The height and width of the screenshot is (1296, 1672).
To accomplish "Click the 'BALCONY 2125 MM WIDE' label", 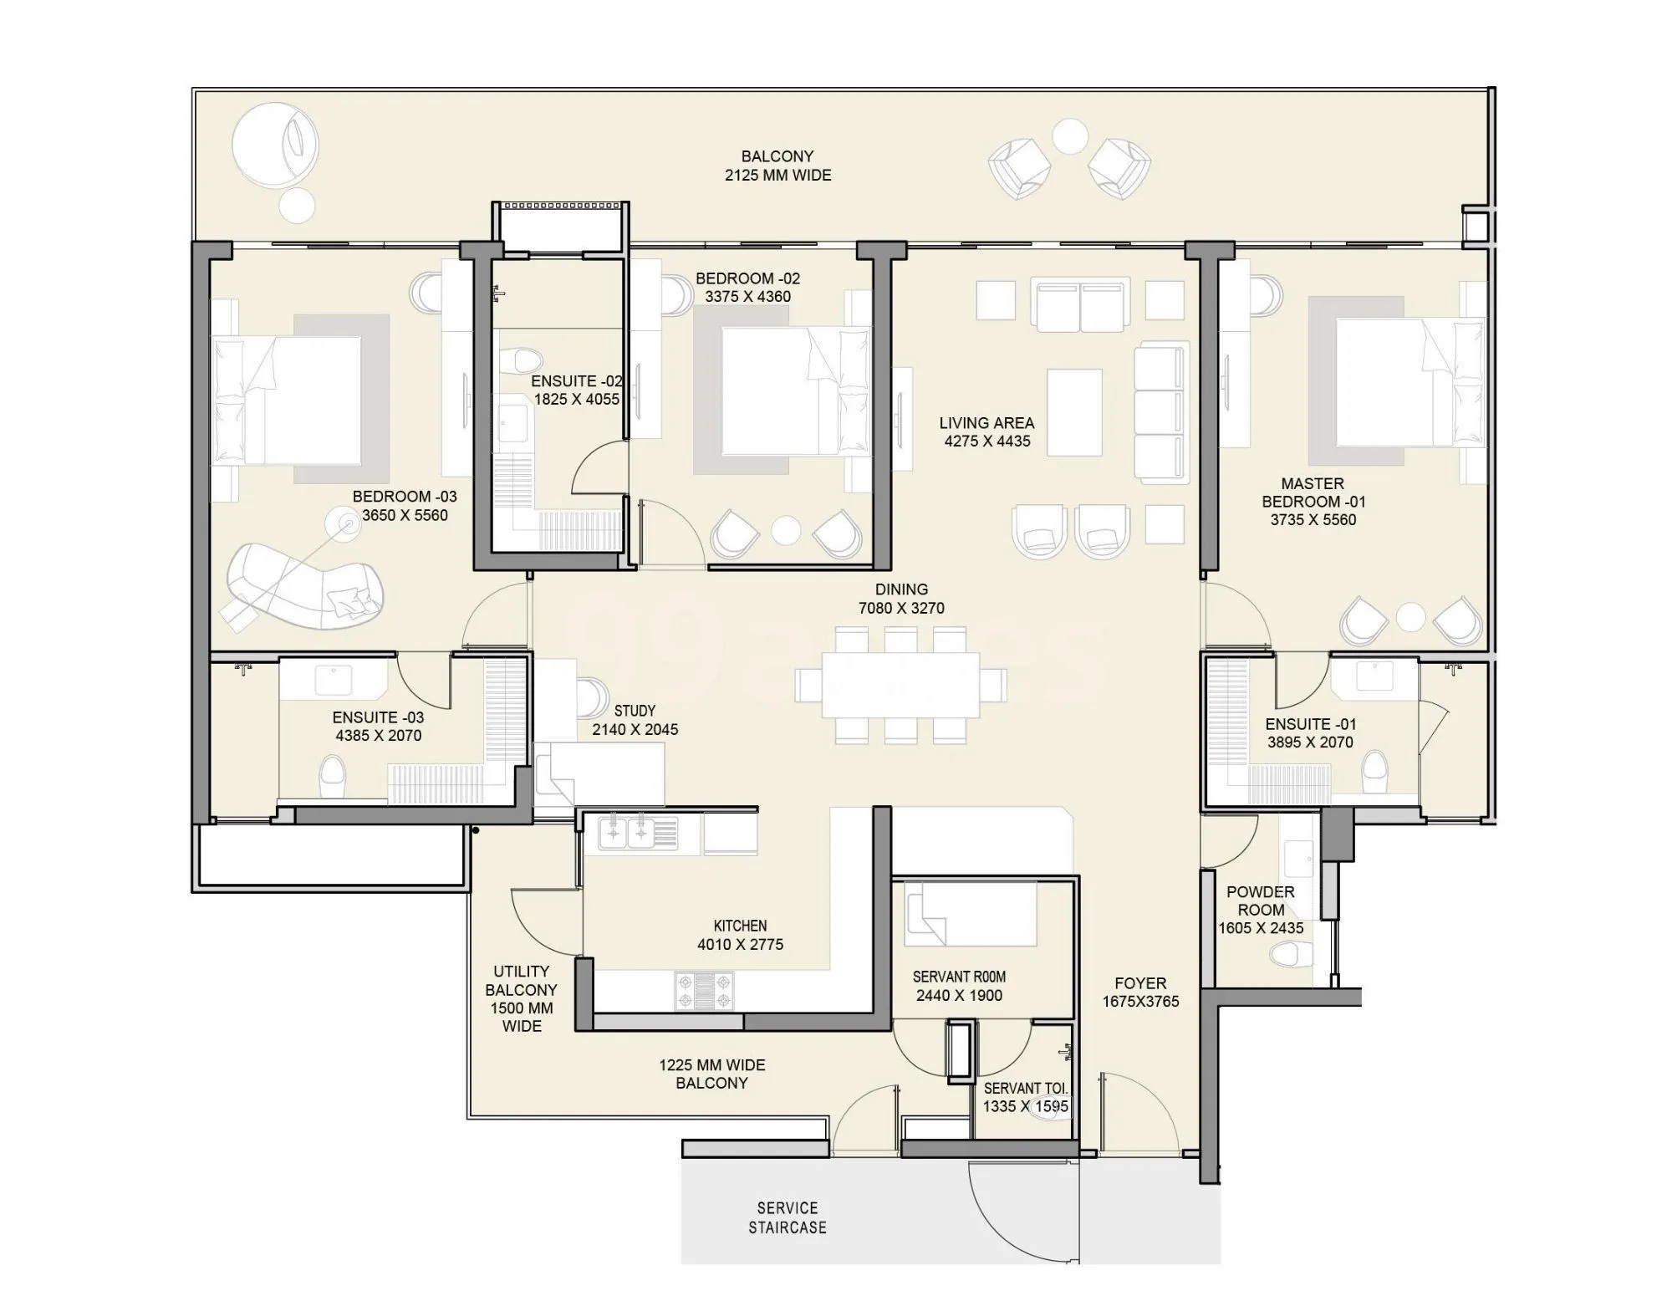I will [x=777, y=166].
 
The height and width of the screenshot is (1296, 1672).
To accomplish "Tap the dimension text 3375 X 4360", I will [x=747, y=297].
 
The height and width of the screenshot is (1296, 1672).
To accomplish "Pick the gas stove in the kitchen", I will [x=704, y=991].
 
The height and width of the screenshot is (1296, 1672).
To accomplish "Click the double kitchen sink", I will [x=627, y=833].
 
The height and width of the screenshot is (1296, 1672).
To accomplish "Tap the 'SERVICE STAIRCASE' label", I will [x=787, y=1217].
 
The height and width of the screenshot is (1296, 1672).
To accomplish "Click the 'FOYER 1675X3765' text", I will [x=1140, y=992].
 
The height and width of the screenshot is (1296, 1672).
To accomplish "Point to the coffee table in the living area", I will [x=1074, y=412].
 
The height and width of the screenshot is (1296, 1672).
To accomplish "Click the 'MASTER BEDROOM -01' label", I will [x=1313, y=492].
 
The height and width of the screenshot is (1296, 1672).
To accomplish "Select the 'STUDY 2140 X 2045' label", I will [x=635, y=720].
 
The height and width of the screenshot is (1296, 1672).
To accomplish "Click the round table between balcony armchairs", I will [x=1069, y=136].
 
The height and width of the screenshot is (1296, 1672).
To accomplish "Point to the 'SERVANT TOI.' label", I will [x=1025, y=1089].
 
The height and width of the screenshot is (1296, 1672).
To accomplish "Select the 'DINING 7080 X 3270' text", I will [x=901, y=599].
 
